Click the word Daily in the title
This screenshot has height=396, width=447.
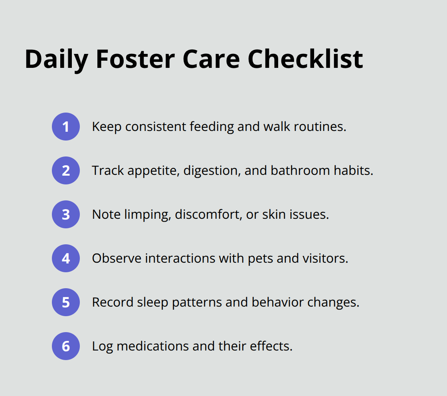coord(56,59)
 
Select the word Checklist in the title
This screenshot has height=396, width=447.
coord(305,59)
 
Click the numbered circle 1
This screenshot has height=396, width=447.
coord(66,127)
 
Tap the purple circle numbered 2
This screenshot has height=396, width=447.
coord(66,170)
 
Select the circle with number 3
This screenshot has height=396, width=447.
coord(66,214)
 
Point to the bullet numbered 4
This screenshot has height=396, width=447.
coord(66,258)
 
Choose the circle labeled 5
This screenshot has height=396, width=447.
coord(66,302)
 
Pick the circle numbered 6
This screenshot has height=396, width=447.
coord(66,346)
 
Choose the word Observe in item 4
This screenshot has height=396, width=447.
coord(117,258)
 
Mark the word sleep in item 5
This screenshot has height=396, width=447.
coord(153,303)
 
